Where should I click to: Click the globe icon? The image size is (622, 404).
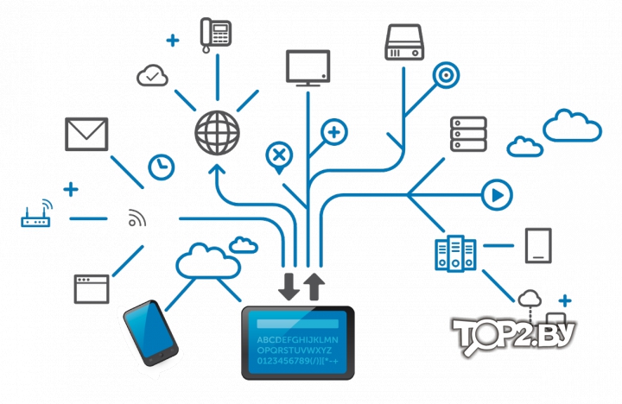tap(217, 133)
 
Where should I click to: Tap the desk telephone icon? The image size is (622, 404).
tap(215, 35)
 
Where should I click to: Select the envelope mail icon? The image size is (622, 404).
tap(86, 134)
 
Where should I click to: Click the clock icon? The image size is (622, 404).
tap(161, 167)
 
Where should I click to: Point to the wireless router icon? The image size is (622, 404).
tap(36, 214)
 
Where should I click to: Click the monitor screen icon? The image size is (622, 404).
tap(308, 68)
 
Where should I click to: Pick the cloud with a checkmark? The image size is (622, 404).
tap(152, 75)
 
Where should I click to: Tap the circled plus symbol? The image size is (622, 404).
tap(334, 132)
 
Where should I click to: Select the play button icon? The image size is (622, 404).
tap(497, 195)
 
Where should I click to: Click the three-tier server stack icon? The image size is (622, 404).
tap(468, 134)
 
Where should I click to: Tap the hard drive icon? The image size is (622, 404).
tap(404, 42)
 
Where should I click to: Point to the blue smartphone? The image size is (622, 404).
tap(150, 333)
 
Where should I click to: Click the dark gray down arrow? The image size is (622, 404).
tap(289, 287)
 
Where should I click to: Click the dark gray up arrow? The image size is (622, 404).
tap(314, 287)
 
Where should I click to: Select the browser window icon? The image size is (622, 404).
tap(92, 289)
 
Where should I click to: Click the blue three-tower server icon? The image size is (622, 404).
tap(455, 253)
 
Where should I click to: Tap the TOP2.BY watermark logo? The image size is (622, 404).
tap(513, 336)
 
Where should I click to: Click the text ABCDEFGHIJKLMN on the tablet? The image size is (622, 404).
tap(297, 340)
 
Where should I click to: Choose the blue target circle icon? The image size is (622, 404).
tap(446, 75)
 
